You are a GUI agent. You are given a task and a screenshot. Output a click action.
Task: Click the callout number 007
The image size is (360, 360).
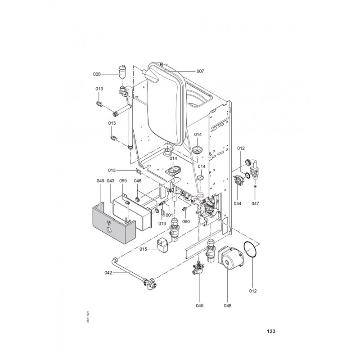[200, 71]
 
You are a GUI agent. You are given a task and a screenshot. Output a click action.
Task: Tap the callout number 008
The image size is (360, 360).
[97, 74]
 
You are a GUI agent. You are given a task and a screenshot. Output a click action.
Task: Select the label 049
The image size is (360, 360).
[100, 181]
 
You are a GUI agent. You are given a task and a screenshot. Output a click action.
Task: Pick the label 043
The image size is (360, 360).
[110, 181]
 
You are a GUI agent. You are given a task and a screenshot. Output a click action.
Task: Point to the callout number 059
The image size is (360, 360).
[123, 181]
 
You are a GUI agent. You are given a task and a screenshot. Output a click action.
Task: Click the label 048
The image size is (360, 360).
[138, 181]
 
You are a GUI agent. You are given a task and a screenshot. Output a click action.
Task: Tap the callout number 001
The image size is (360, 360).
[169, 216]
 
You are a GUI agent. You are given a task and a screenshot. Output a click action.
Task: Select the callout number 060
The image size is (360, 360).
[186, 221]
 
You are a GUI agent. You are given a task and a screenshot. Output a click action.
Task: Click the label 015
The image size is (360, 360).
[143, 249]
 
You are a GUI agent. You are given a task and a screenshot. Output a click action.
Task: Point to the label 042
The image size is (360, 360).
[108, 273]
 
